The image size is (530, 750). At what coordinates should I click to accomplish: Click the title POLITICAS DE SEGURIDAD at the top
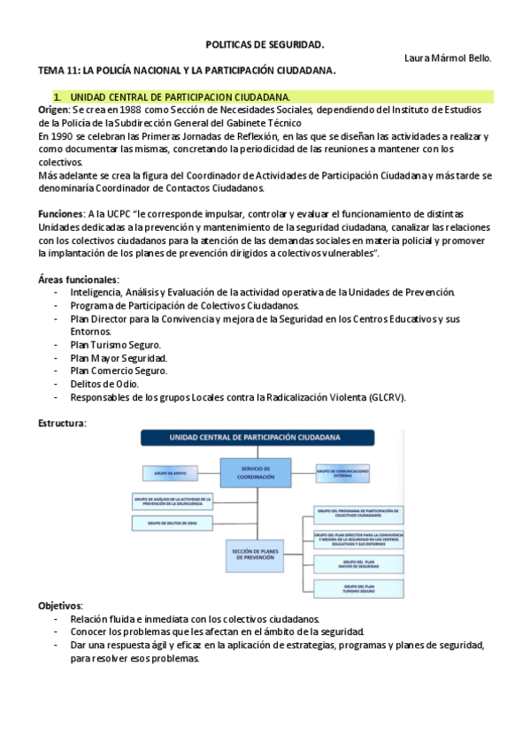265,43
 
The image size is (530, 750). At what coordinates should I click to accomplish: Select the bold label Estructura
62,424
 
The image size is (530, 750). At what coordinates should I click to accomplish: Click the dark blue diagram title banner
257,438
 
